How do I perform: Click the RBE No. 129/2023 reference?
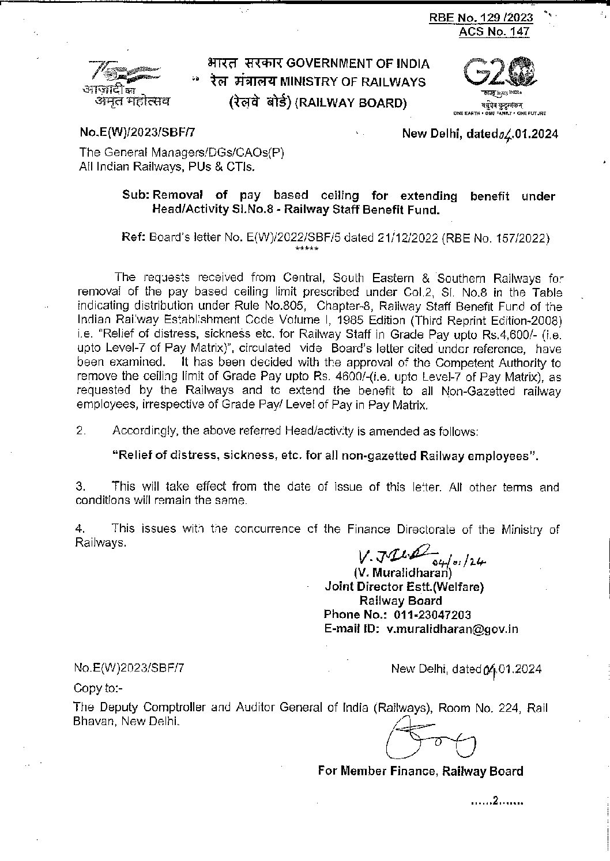[x=481, y=18]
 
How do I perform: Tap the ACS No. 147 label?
[x=494, y=32]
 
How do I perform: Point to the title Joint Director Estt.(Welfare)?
[x=404, y=587]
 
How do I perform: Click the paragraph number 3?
[x=80, y=487]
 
